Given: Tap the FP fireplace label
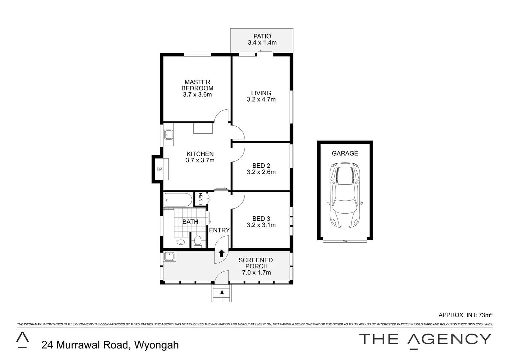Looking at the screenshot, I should [x=159, y=169].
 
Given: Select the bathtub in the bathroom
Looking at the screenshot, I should [x=178, y=200].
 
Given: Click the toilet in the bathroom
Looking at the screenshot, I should [x=197, y=241].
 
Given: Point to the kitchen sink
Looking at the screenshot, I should [x=168, y=135].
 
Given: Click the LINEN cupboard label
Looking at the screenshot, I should [x=201, y=199].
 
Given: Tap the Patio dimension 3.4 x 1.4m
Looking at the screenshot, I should [x=262, y=43].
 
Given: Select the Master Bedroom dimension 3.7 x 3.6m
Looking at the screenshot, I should [x=197, y=95].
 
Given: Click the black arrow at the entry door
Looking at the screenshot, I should [x=221, y=254].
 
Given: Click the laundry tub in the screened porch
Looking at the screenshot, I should [x=169, y=256].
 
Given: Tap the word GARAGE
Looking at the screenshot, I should [x=345, y=153].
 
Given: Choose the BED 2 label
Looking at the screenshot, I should [x=261, y=166].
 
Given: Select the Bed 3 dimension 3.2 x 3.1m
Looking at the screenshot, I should [x=261, y=225].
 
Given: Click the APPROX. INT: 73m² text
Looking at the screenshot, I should [x=465, y=315].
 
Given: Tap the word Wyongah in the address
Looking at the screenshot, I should [x=156, y=345].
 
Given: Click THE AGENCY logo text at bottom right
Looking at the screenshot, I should [x=425, y=339].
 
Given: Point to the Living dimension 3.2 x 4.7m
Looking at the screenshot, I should [x=261, y=99].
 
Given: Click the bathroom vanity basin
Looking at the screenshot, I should [x=181, y=242].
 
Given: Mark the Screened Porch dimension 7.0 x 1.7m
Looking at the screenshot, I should [x=256, y=273].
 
